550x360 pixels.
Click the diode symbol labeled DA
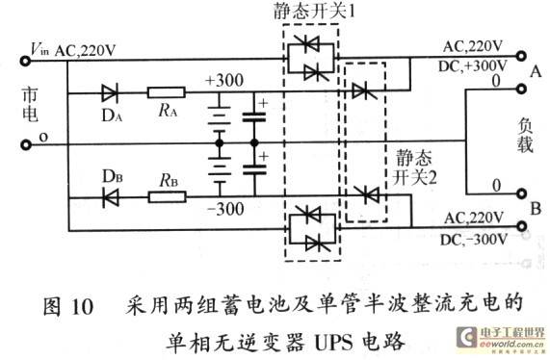click(x=110, y=93)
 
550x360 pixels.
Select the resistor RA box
click(x=167, y=92)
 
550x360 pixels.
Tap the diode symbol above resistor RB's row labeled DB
click(x=111, y=197)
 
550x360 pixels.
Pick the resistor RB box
click(x=167, y=197)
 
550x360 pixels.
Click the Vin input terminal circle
click(x=25, y=61)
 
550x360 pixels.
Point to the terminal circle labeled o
click(x=25, y=144)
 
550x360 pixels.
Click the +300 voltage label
click(x=224, y=81)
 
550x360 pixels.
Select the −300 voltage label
click(x=225, y=210)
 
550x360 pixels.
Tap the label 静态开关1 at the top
click(x=314, y=12)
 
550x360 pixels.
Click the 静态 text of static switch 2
click(x=414, y=158)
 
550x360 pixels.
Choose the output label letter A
click(x=536, y=72)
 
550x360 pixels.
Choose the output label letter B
click(x=536, y=209)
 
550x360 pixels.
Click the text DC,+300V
click(x=473, y=66)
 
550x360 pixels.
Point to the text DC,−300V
click(x=474, y=240)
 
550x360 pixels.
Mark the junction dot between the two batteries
click(x=220, y=143)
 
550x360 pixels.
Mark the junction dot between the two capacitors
click(x=254, y=143)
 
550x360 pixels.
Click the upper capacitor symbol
click(x=254, y=116)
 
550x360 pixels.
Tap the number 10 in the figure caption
click(x=83, y=307)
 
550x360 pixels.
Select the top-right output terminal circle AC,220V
click(x=521, y=56)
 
